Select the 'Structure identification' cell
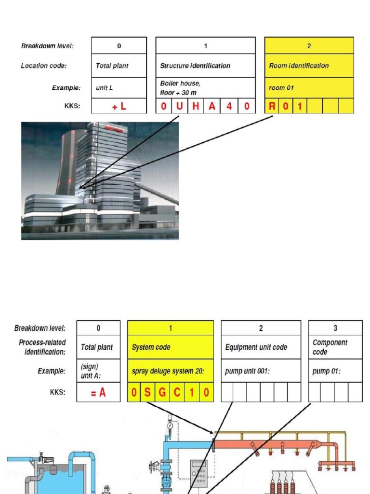coord(205,66)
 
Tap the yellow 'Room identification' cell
coord(309,66)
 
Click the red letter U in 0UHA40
coord(180,106)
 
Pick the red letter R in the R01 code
coord(272,106)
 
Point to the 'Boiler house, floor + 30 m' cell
coord(205,88)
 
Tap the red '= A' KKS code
coord(98,393)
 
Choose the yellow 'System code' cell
coord(170,347)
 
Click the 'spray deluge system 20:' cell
coord(170,371)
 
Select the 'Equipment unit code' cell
coord(261,347)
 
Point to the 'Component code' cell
coord(335,347)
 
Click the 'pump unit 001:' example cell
coord(261,371)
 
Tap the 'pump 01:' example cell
coord(335,371)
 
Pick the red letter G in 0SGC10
coord(162,393)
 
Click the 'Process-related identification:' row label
coord(42,347)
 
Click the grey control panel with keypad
coord(199,473)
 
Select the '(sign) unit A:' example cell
coord(98,371)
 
